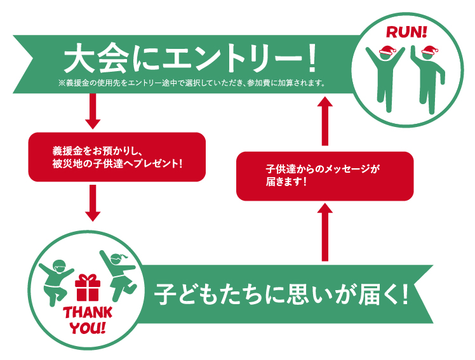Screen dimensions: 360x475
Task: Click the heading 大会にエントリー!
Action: point(190,61)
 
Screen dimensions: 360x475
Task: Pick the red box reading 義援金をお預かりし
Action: point(117,156)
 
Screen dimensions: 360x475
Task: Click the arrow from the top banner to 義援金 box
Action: point(93,114)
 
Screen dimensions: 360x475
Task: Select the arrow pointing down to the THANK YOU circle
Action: point(93,203)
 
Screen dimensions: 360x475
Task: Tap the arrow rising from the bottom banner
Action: point(324,231)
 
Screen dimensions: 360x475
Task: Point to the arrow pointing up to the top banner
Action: point(324,121)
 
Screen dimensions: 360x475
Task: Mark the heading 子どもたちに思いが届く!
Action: point(280,294)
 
